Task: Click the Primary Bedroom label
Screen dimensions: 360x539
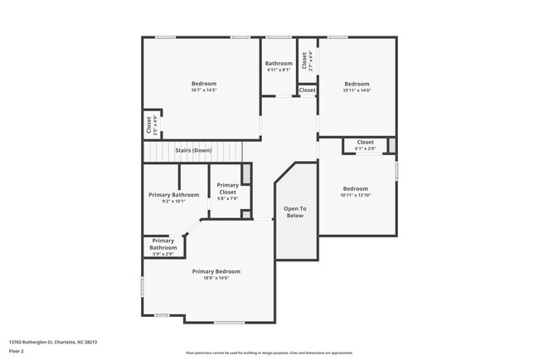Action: coord(216,271)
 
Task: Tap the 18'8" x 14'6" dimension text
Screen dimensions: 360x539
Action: coord(216,278)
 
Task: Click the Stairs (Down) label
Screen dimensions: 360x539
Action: coord(193,150)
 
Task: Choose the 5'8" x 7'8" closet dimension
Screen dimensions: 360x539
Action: coord(228,199)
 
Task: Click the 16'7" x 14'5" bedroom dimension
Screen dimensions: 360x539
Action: coord(204,90)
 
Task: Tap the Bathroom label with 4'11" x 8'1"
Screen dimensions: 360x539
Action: coord(279,64)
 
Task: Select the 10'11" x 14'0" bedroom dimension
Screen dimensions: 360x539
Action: coord(357,90)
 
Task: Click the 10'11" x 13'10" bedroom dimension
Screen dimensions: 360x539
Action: coord(355,195)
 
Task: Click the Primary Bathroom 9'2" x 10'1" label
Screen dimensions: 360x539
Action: coord(174,195)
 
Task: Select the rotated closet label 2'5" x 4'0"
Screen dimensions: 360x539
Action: coord(152,125)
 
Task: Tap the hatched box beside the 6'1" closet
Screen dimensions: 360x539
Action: coord(392,145)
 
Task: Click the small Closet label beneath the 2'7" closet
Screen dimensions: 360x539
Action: coord(307,90)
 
